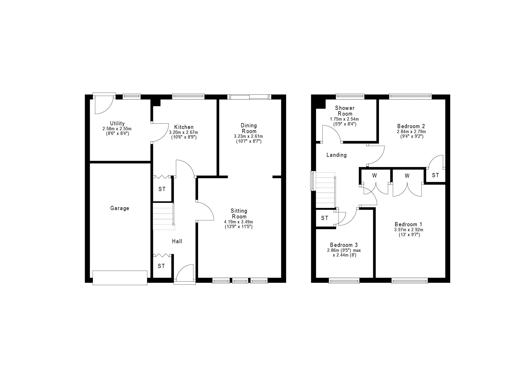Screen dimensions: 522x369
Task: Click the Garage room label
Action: coord(120,208)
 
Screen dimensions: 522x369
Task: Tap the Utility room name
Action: coord(117,123)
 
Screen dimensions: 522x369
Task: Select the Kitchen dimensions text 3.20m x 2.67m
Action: coord(184,132)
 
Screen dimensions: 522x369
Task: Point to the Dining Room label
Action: coord(249,128)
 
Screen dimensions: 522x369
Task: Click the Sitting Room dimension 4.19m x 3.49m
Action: coord(239,222)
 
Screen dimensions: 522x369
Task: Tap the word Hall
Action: coord(177,241)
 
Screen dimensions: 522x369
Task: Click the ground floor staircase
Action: coord(164,216)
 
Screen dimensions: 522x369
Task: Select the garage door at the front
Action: coord(120,278)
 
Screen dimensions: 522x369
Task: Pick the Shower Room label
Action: coord(345,111)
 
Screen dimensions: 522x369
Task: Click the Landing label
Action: coord(337,155)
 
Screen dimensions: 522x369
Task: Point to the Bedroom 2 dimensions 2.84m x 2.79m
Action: coord(411,132)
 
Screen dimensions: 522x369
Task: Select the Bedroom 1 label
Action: coord(408,224)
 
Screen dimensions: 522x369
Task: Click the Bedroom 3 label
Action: coord(344,245)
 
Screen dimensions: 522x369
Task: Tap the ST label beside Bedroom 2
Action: coord(435,175)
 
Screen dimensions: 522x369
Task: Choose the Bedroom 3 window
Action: coord(344,281)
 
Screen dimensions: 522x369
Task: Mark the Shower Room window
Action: coord(350,97)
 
